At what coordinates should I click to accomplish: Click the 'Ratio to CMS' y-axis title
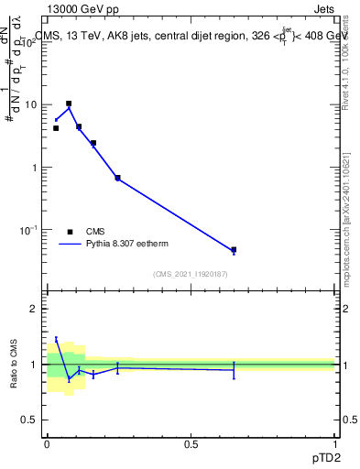(x=15, y=364)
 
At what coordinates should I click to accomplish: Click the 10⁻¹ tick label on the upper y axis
(x=28, y=230)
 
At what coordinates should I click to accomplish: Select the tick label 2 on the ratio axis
(x=34, y=309)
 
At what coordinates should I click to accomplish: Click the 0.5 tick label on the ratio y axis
(x=30, y=420)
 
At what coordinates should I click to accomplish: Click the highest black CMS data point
(x=69, y=104)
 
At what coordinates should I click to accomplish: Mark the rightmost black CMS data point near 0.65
(x=234, y=249)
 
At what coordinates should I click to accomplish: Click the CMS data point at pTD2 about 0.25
(x=117, y=178)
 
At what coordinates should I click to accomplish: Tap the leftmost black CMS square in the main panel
(x=56, y=128)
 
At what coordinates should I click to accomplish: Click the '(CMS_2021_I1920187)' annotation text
(x=191, y=274)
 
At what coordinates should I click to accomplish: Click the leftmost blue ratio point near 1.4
(x=56, y=339)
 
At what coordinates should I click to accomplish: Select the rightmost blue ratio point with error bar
(x=234, y=370)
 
